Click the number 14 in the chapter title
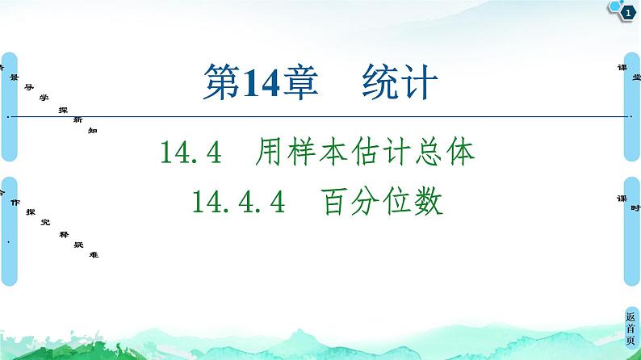[258, 85]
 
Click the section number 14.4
[191, 152]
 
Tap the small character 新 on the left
[78, 119]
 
